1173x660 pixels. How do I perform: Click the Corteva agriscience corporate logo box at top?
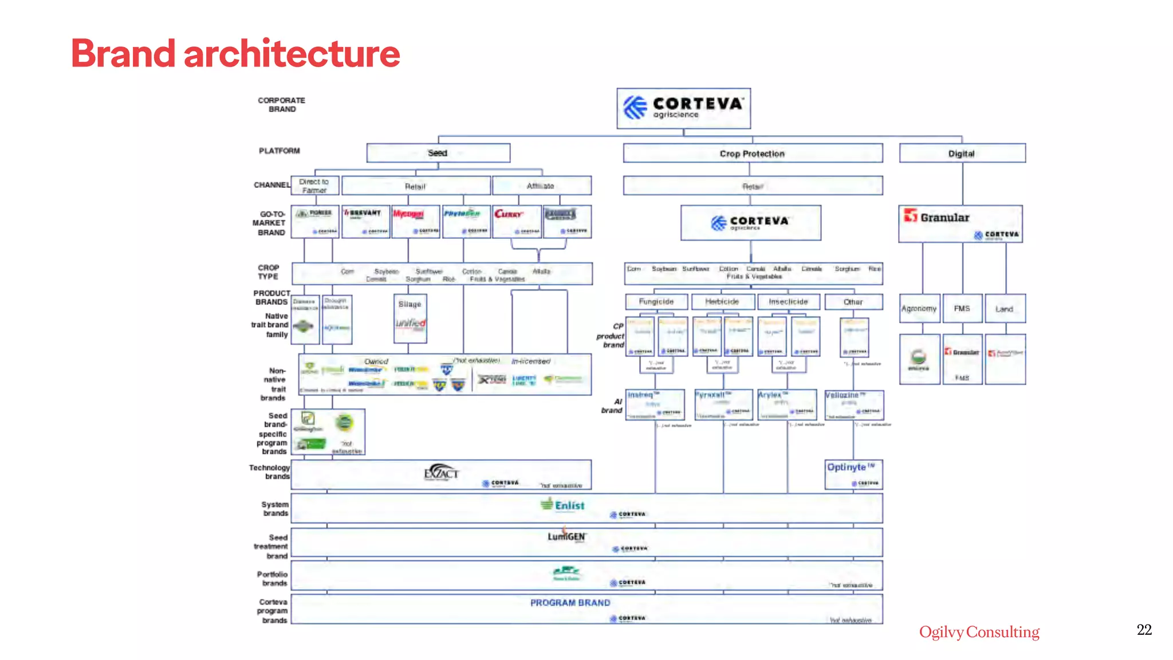[683, 108]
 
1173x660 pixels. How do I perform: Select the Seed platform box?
[438, 153]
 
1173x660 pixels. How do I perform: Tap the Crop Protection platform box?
[753, 154]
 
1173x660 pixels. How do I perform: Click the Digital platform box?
[962, 154]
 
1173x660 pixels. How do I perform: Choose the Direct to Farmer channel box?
[314, 186]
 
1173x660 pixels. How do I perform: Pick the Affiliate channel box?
[541, 186]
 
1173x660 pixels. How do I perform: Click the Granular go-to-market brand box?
[961, 224]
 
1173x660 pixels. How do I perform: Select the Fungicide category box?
[656, 301]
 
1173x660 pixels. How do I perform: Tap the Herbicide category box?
[722, 301]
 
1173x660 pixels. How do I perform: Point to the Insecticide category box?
[789, 301]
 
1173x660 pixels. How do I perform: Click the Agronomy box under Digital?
[919, 308]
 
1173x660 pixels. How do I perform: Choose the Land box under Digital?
[1005, 309]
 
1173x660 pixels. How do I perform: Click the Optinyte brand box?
[853, 474]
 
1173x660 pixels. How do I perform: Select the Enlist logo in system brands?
[562, 505]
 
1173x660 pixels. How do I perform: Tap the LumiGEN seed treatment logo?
[566, 536]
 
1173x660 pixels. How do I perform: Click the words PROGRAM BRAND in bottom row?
[570, 603]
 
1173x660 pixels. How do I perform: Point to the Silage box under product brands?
[410, 304]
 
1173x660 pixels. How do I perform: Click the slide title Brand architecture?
[235, 53]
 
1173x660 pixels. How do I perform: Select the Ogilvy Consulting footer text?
[979, 632]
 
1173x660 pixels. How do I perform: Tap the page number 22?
[1144, 630]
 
